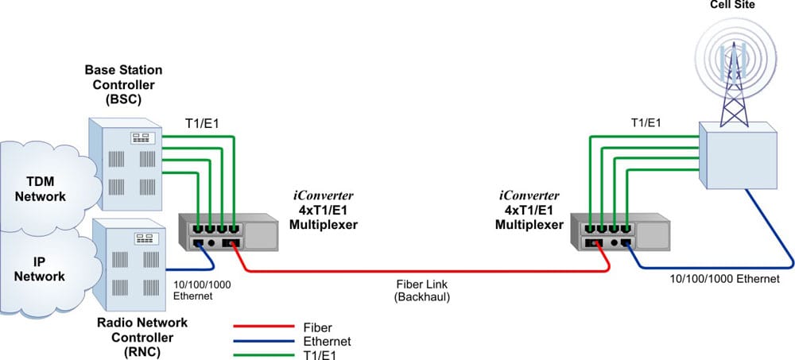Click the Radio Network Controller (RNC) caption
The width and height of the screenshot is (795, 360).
142,337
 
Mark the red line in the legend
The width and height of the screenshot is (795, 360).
264,327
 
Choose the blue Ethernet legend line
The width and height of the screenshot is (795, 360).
264,339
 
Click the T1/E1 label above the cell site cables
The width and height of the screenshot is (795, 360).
646,122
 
